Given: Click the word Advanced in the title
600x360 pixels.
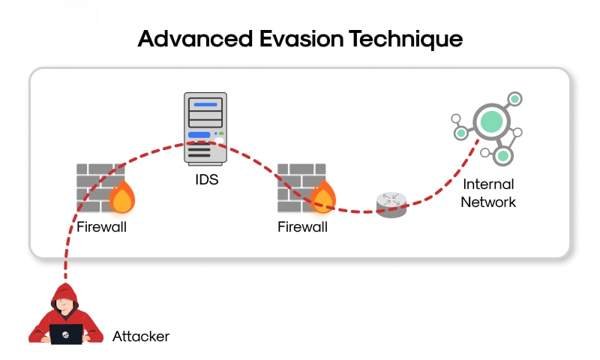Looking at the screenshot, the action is [195, 39].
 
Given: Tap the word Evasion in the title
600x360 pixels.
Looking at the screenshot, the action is [301, 39].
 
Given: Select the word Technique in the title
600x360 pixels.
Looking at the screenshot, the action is [406, 40].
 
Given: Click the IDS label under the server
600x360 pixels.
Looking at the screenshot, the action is [207, 179].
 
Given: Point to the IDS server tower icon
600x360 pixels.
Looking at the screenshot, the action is [205, 128].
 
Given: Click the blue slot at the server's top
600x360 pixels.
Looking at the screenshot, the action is [205, 104].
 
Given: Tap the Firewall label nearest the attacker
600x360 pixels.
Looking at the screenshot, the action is [101, 226].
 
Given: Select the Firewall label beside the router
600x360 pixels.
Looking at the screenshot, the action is [302, 226].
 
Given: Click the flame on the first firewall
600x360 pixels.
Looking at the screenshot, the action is [122, 197].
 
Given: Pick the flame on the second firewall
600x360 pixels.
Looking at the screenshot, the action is [323, 197].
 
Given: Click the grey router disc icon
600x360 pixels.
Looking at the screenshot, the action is [391, 205].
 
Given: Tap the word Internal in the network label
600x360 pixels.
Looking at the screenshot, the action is [489, 184].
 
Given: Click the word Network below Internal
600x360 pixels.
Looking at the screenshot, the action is [488, 202].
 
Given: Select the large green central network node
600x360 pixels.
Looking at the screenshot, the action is [492, 121].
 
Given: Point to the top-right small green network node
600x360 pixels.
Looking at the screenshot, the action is [514, 99].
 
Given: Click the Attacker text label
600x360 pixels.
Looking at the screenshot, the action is [141, 336].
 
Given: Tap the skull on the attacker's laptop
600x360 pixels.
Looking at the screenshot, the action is [66, 335].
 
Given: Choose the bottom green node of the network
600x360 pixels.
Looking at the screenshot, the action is [502, 156].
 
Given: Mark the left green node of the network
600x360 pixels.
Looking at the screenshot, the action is [461, 133].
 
